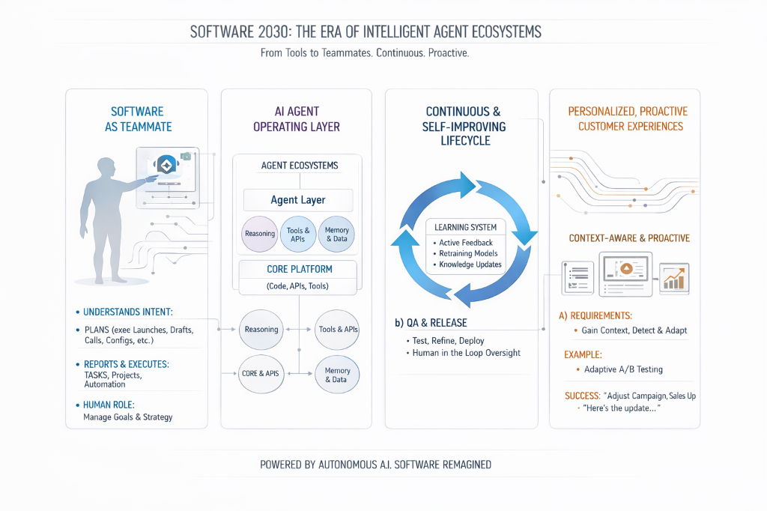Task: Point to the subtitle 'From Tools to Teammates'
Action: (365, 54)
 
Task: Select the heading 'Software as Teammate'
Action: (137, 118)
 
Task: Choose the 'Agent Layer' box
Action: (298, 200)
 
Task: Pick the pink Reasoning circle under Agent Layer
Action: (260, 234)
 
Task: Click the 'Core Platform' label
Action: (299, 269)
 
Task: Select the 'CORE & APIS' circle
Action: (261, 372)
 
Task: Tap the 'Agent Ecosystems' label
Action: (299, 166)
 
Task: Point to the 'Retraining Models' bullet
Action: (468, 253)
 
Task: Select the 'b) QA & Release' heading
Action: (431, 323)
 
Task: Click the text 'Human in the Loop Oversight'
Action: (466, 353)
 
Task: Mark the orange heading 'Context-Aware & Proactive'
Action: (629, 238)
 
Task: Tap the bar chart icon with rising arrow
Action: (674, 278)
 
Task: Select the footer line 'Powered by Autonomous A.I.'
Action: (376, 465)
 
